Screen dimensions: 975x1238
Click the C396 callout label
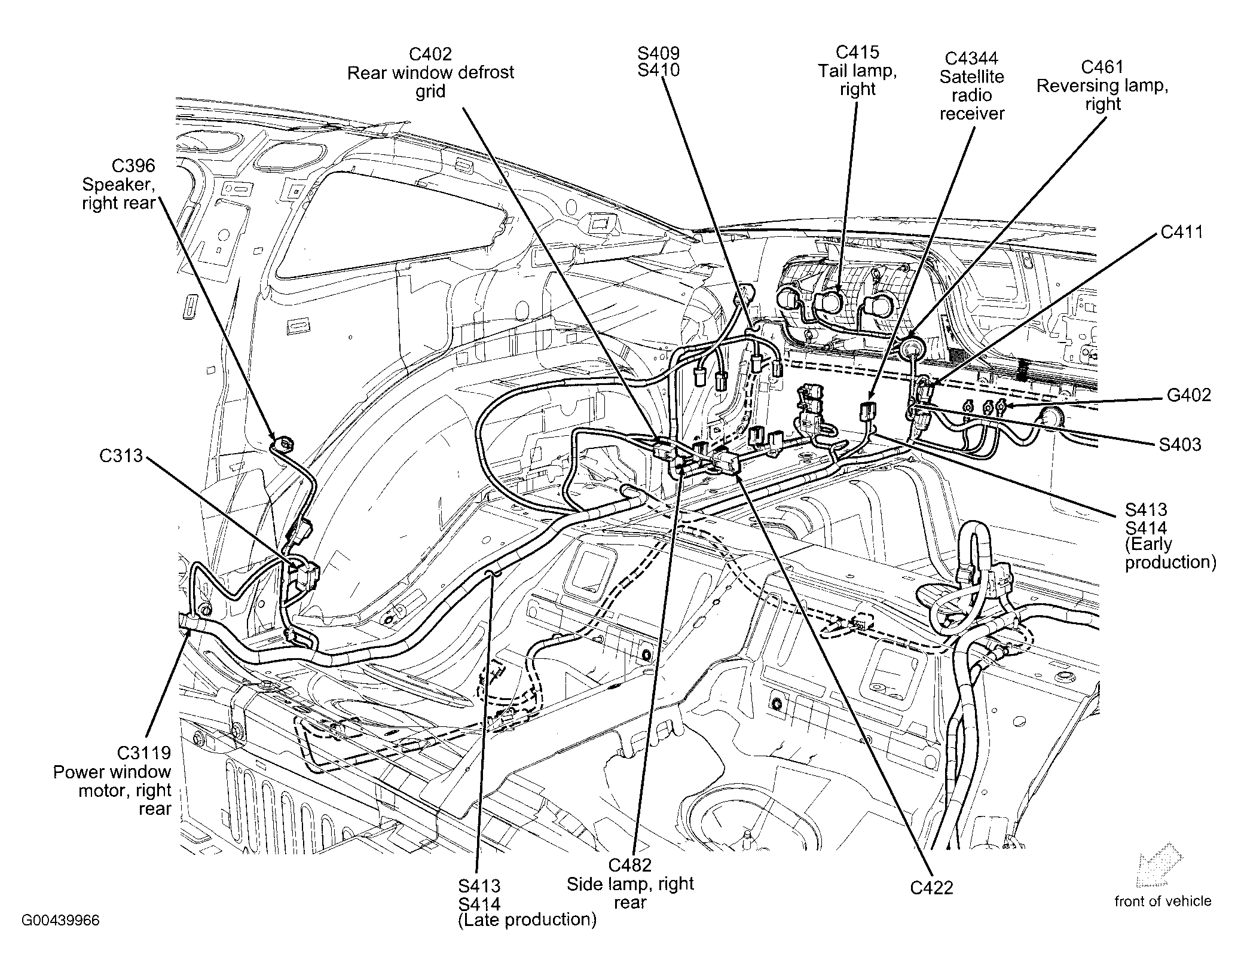pyautogui.click(x=133, y=166)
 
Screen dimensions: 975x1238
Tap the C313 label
pyautogui.click(x=121, y=456)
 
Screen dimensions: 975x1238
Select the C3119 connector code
pyautogui.click(x=143, y=753)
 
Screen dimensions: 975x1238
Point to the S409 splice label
pyautogui.click(x=658, y=53)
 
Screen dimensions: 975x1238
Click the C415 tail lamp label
pyautogui.click(x=857, y=53)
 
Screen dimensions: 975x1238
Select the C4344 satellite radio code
pyautogui.click(x=971, y=59)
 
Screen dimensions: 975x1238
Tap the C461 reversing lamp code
pyautogui.click(x=1102, y=67)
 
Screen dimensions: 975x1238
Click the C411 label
pyautogui.click(x=1182, y=232)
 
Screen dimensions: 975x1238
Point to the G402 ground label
pyautogui.click(x=1189, y=395)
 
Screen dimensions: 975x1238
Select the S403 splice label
pyautogui.click(x=1179, y=445)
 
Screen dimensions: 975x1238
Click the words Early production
pyautogui.click(x=1170, y=554)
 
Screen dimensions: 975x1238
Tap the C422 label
pyautogui.click(x=931, y=888)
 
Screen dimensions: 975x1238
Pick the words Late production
pyautogui.click(x=527, y=919)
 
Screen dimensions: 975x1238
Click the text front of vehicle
pyautogui.click(x=1163, y=901)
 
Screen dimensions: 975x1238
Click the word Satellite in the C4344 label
pyautogui.click(x=971, y=77)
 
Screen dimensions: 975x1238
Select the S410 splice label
pyautogui.click(x=658, y=71)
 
